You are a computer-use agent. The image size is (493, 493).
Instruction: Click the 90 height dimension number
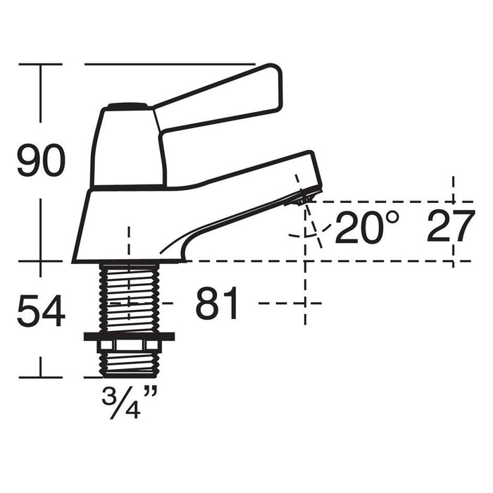(41, 160)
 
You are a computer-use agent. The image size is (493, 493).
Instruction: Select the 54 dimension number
(41, 311)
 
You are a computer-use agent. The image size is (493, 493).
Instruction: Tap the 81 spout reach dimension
(217, 303)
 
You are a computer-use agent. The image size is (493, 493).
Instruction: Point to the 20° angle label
(367, 227)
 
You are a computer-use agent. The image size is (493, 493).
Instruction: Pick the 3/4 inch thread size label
(129, 401)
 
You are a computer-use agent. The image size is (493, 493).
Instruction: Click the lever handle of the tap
(218, 97)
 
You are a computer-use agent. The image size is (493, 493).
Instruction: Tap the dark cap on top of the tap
(127, 106)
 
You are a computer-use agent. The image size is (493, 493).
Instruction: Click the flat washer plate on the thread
(129, 336)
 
